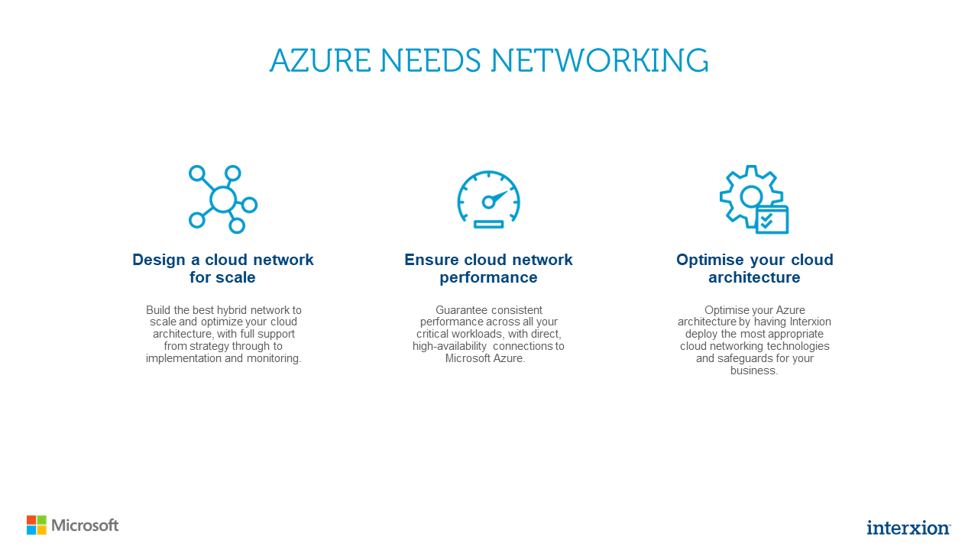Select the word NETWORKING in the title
599,61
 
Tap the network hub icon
222,199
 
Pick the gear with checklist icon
753,199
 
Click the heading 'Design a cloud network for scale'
222,268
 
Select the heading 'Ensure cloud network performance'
488,268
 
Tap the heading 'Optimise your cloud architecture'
754,268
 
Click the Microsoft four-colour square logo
37,525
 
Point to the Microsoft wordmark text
85,526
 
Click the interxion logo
908,527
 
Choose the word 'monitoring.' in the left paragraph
273,358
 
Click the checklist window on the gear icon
772,220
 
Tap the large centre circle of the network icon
222,199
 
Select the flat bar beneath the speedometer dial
488,224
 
